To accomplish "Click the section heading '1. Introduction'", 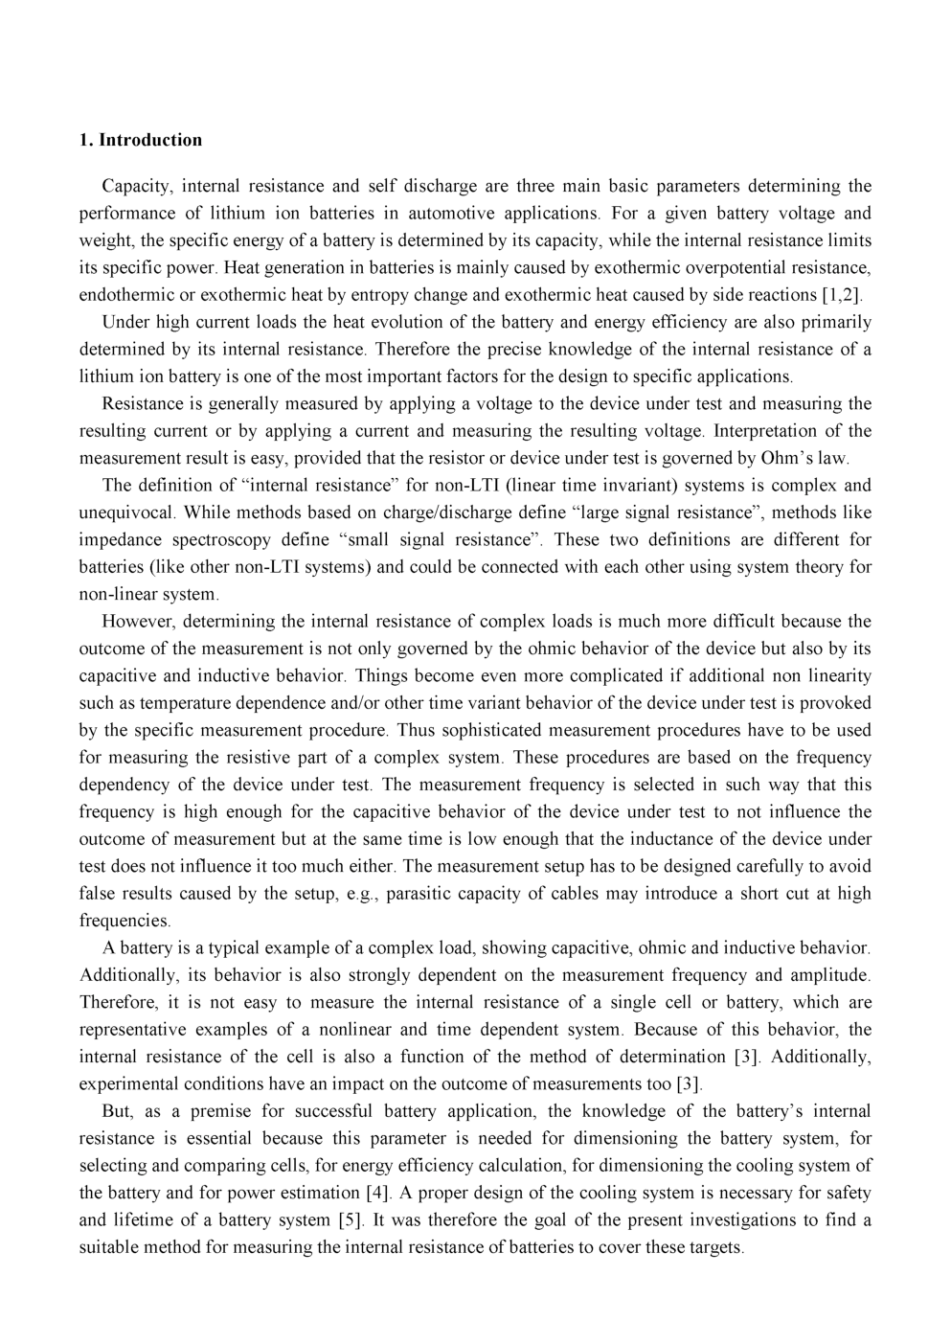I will [x=140, y=140].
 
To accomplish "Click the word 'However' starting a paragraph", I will [x=138, y=621].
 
